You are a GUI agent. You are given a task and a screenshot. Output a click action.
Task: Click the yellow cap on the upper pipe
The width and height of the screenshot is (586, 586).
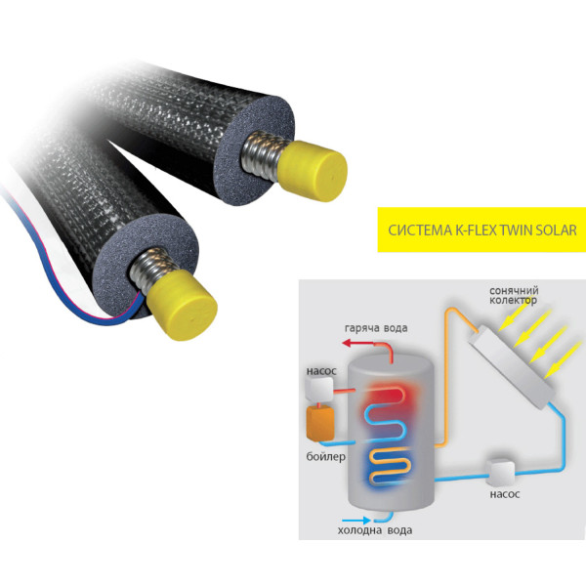click(314, 171)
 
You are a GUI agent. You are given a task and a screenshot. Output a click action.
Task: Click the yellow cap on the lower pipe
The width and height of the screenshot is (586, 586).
click(182, 304)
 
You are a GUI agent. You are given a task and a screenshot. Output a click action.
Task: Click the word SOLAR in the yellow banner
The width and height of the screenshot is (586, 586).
click(556, 230)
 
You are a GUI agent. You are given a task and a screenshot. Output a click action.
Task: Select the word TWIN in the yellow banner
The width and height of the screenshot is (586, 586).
click(517, 230)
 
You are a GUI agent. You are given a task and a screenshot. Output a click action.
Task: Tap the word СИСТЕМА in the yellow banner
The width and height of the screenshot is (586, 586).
click(419, 230)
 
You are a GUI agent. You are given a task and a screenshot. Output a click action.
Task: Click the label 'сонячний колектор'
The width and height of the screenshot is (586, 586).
click(514, 295)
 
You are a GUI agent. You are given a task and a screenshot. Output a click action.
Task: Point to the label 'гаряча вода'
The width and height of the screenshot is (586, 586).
click(376, 328)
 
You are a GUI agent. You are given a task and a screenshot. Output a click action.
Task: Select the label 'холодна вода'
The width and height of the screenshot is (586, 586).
click(375, 530)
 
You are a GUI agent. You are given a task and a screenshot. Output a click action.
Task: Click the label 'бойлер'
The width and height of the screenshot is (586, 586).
click(325, 457)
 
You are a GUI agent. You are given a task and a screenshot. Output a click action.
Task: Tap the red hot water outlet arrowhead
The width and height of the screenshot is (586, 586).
click(348, 343)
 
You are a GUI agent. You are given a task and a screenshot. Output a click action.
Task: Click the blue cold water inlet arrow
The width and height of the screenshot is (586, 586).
click(356, 520)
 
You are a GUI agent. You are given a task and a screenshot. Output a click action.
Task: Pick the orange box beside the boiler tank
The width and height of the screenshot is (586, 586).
click(320, 423)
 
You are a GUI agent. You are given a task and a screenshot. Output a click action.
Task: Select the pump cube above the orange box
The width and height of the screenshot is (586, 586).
click(319, 389)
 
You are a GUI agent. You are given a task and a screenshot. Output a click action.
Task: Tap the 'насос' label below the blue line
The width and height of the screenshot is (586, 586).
click(505, 494)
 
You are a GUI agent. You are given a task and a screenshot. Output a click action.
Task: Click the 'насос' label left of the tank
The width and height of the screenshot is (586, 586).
click(321, 371)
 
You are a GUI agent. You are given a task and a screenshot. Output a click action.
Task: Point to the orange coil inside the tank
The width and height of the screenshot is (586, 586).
click(389, 466)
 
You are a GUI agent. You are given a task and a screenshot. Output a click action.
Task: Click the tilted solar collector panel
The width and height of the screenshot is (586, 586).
click(512, 367)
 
